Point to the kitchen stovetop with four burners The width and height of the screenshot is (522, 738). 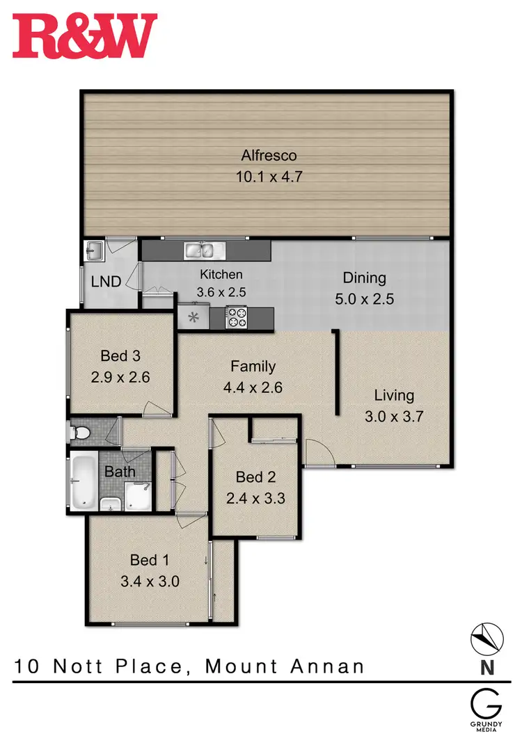[x=237, y=318]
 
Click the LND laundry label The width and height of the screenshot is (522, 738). [x=106, y=282]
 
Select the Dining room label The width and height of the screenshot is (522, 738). [x=364, y=278]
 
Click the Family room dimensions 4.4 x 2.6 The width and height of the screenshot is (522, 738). [x=253, y=387]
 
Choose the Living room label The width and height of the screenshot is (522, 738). [x=394, y=396]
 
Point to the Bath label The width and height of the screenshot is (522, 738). [x=120, y=472]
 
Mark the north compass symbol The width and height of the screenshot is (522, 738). [x=489, y=638]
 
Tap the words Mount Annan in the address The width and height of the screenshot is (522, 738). [x=285, y=666]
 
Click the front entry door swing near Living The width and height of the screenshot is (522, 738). [x=317, y=453]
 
